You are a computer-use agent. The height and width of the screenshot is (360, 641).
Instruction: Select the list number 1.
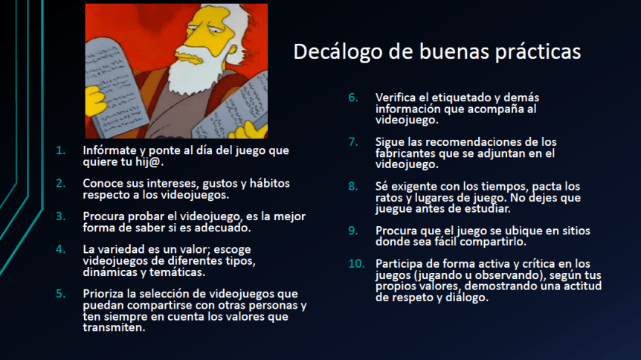pos(60,150)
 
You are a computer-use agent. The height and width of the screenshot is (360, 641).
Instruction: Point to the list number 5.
pos(60,292)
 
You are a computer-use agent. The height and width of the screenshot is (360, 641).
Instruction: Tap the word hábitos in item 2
pos(266,183)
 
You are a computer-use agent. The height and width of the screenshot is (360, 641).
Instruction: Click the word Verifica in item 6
pos(398,97)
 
